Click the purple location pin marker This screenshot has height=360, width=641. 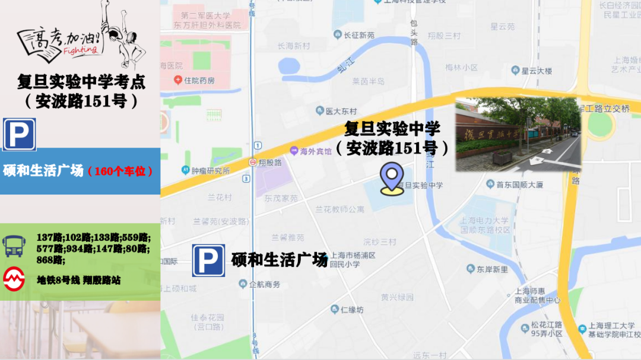click(392, 178)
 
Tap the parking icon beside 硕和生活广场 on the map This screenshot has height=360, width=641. click(208, 261)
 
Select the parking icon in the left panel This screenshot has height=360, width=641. click(20, 135)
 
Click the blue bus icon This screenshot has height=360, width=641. click(14, 246)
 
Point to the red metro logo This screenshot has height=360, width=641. click(14, 279)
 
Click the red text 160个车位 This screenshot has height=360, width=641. click(120, 171)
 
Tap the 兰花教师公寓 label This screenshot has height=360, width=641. click(339, 209)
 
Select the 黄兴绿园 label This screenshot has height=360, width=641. click(397, 297)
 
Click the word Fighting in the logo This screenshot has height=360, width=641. click(78, 50)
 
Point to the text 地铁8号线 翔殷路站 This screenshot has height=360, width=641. click(78, 280)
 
